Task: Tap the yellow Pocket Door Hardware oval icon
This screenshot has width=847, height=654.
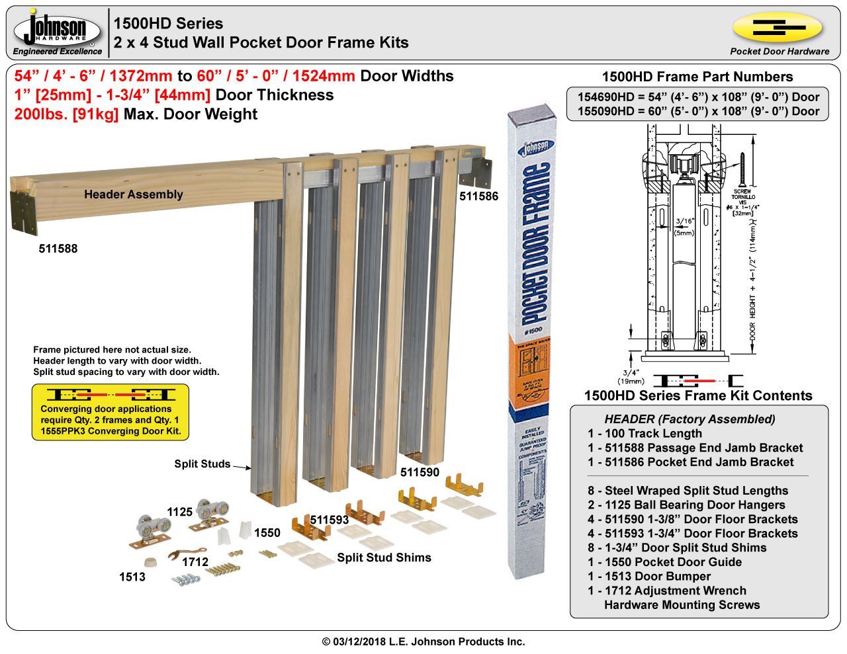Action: pyautogui.click(x=778, y=28)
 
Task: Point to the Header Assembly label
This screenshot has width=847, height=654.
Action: pyautogui.click(x=133, y=194)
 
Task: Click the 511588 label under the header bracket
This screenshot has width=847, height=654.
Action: pyautogui.click(x=58, y=249)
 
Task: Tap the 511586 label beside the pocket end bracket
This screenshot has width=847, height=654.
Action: pyautogui.click(x=479, y=196)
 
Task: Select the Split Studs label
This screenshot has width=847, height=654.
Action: pyautogui.click(x=202, y=464)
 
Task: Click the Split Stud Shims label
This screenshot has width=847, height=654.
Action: pyautogui.click(x=384, y=557)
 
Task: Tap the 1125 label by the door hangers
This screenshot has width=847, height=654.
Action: pyautogui.click(x=179, y=512)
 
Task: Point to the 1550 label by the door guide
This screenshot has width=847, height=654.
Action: pyautogui.click(x=267, y=533)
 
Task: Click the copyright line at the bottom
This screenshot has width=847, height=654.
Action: pyautogui.click(x=423, y=641)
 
